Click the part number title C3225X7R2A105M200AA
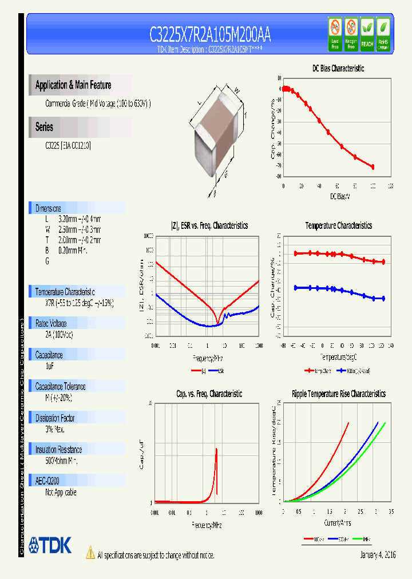click(x=210, y=35)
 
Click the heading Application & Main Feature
click(x=73, y=85)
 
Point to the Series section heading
click(x=44, y=127)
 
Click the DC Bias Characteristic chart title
click(x=338, y=68)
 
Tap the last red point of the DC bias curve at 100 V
click(x=373, y=167)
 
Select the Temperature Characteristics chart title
click(x=338, y=226)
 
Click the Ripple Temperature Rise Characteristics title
click(x=338, y=394)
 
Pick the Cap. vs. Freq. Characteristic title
click(x=209, y=394)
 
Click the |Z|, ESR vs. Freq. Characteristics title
click(x=209, y=226)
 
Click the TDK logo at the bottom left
click(x=50, y=545)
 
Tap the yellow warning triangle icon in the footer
click(x=90, y=553)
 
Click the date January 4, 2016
click(x=378, y=555)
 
